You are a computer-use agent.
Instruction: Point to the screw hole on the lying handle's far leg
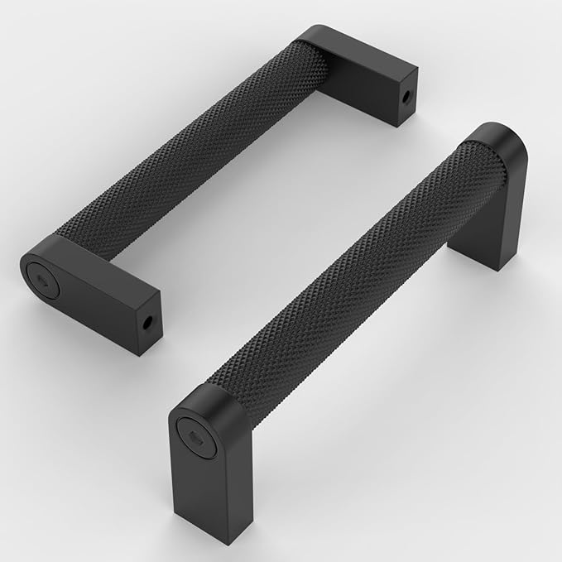pos(407,96)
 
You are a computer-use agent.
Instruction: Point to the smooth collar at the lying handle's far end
pos(310,46)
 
